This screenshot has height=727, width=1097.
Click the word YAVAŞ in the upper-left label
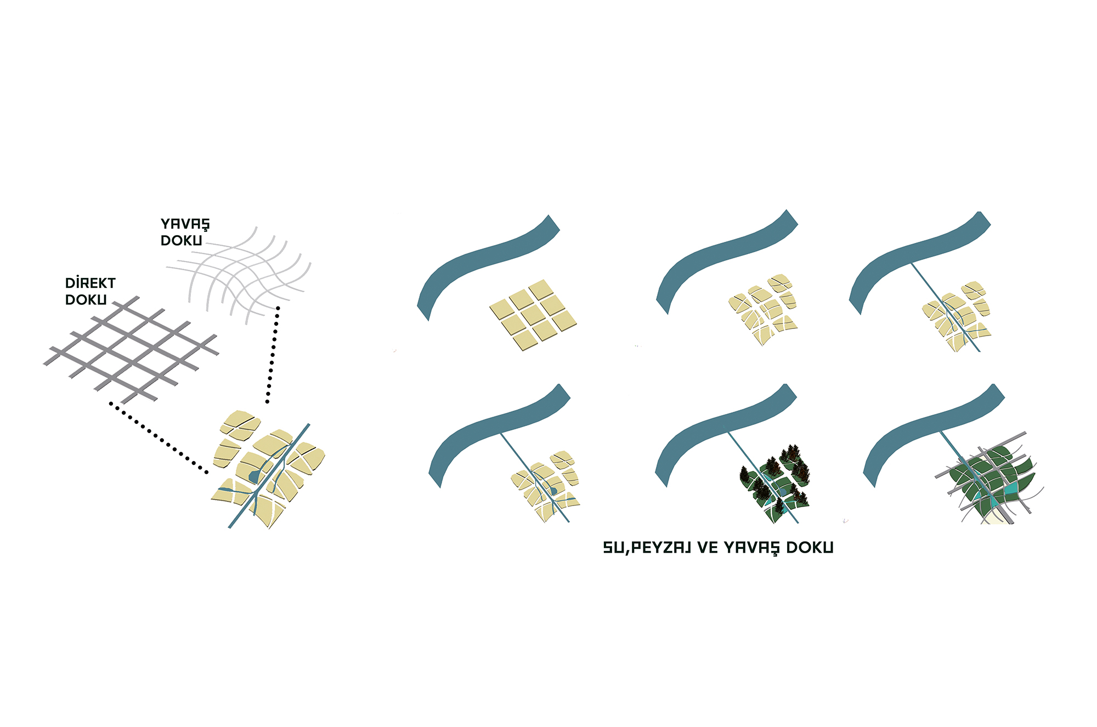pos(185,224)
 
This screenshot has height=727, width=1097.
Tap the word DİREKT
pos(91,283)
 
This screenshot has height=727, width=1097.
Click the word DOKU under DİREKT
pos(86,300)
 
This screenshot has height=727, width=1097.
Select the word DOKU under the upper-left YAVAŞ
pos(181,241)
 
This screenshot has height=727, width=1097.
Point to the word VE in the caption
pos(708,548)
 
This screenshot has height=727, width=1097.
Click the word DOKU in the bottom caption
pos(810,548)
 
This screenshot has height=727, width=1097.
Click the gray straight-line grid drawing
pos(131,349)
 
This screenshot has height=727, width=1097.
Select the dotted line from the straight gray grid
pos(158,438)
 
